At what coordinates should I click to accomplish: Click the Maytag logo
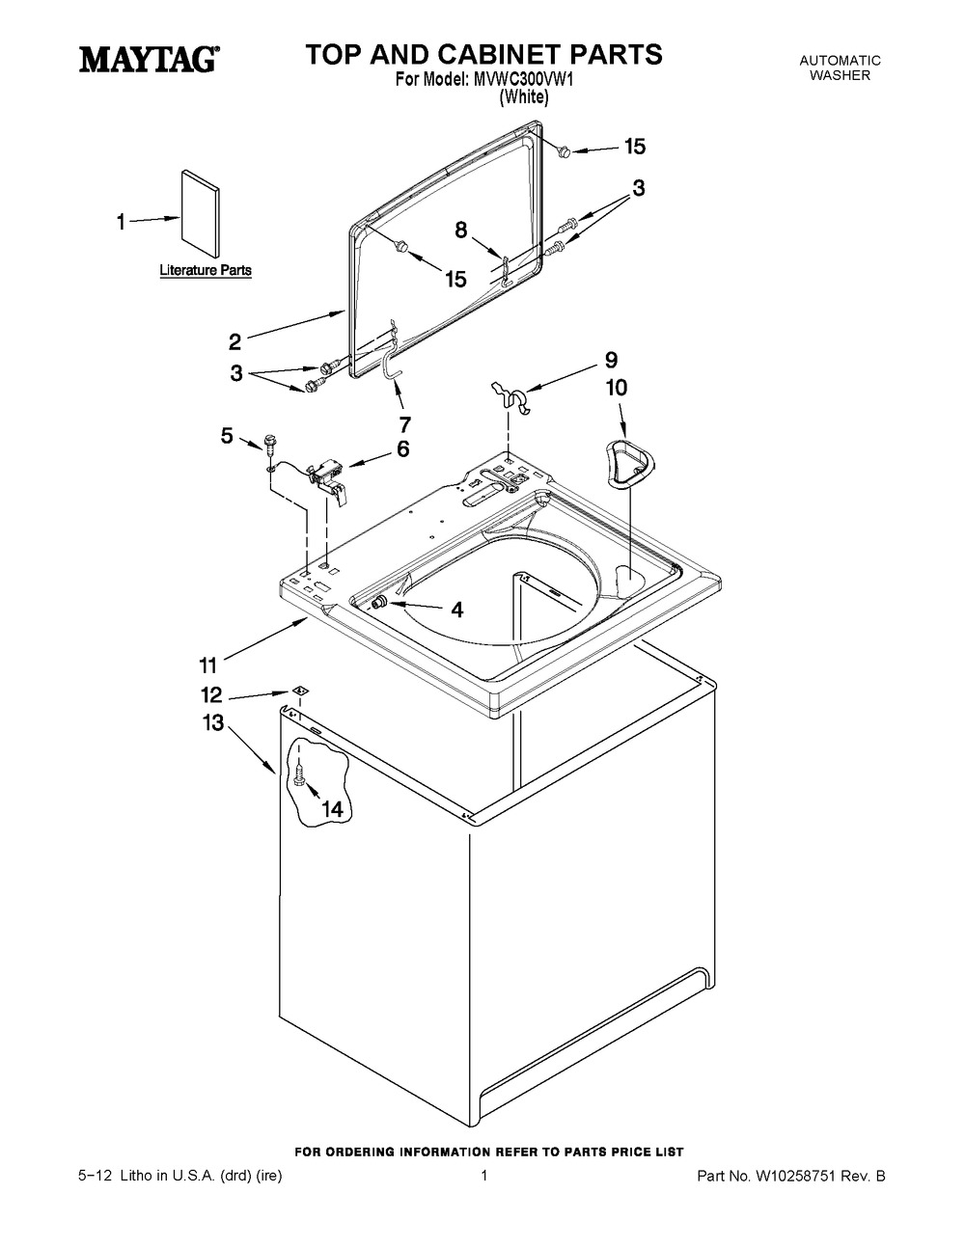pyautogui.click(x=147, y=60)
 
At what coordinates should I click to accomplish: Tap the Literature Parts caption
pyautogui.click(x=206, y=271)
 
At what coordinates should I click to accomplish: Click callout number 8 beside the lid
pyautogui.click(x=461, y=230)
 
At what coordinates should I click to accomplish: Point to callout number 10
pyautogui.click(x=616, y=388)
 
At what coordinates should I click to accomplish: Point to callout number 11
pyautogui.click(x=207, y=664)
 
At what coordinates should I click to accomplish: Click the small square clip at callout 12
pyautogui.click(x=299, y=692)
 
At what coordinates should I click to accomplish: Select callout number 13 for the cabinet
pyautogui.click(x=212, y=722)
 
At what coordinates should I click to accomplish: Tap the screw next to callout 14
pyautogui.click(x=299, y=774)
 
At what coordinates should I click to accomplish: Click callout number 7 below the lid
pyautogui.click(x=404, y=423)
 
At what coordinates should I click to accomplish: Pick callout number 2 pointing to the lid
pyautogui.click(x=234, y=341)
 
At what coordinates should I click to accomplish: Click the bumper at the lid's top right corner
pyautogui.click(x=565, y=149)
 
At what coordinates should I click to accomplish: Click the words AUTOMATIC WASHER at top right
pyautogui.click(x=840, y=68)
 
